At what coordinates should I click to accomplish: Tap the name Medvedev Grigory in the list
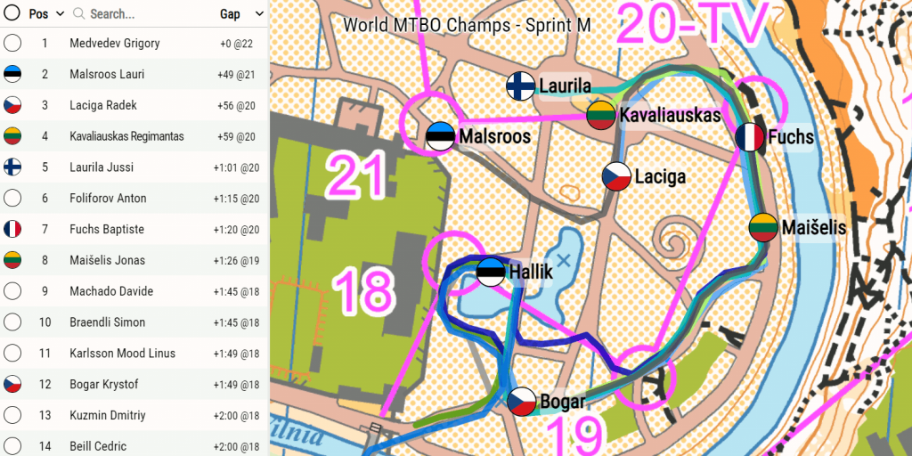click(115, 43)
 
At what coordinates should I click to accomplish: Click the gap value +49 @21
click(236, 74)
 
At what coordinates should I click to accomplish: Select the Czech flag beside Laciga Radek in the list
click(12, 105)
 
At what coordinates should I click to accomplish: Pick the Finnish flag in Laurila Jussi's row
click(12, 167)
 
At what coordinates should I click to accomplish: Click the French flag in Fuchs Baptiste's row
click(12, 229)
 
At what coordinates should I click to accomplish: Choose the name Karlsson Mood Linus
click(122, 354)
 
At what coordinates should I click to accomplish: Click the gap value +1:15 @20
click(236, 198)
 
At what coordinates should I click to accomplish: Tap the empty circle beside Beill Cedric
click(12, 446)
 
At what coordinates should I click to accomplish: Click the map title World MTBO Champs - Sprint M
click(467, 24)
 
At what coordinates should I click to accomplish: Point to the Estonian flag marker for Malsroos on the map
click(440, 136)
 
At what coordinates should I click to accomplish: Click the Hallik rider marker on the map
click(490, 272)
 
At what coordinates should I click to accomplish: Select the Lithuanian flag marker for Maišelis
click(764, 228)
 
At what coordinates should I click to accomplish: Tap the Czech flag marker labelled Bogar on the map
click(522, 403)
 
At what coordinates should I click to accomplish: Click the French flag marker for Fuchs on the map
click(750, 137)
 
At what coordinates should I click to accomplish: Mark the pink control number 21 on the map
click(355, 175)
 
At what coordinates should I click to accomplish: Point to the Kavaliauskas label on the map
click(670, 115)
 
